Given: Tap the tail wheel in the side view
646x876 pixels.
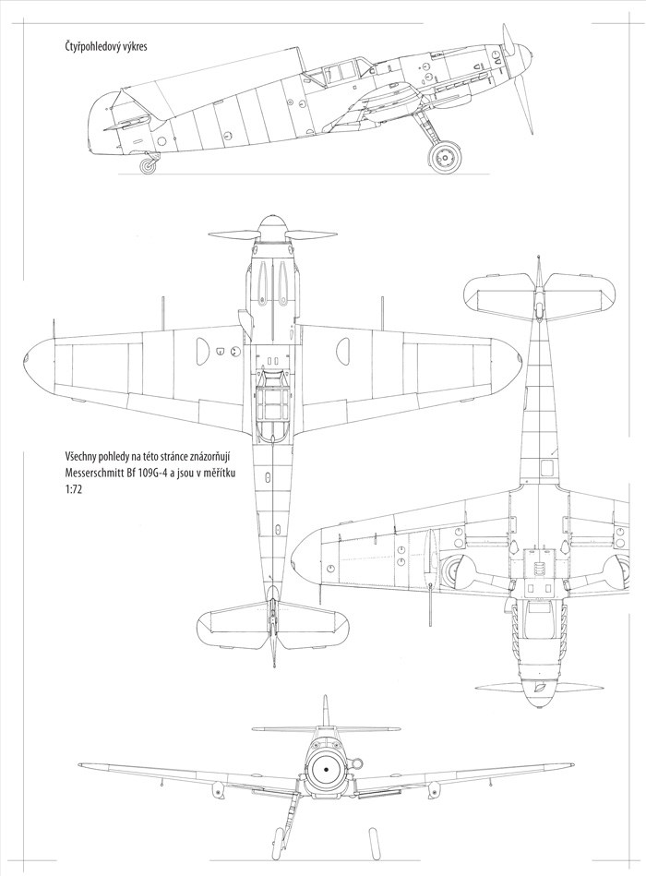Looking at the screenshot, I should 149,166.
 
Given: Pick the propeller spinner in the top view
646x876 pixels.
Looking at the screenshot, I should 274,226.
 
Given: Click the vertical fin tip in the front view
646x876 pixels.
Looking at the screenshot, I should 324,702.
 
